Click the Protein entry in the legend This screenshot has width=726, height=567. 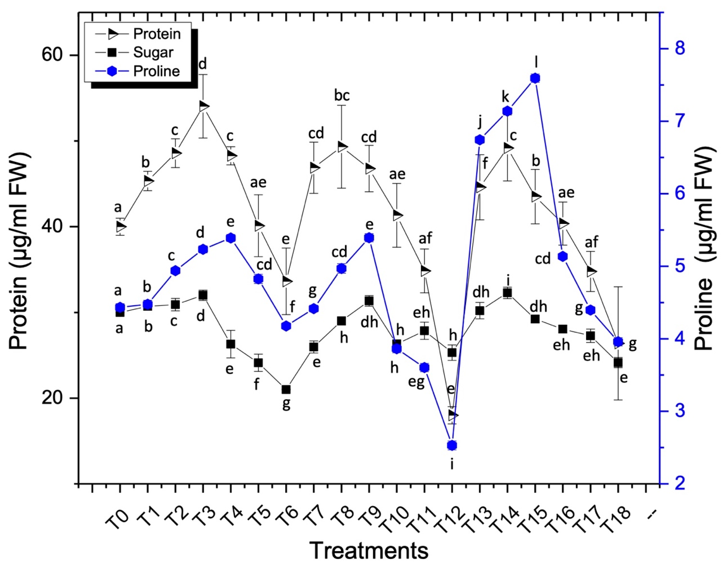(x=156, y=34)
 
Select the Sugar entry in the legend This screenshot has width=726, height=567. (x=153, y=53)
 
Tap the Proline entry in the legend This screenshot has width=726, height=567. (x=156, y=71)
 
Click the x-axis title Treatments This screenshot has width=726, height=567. (x=369, y=550)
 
